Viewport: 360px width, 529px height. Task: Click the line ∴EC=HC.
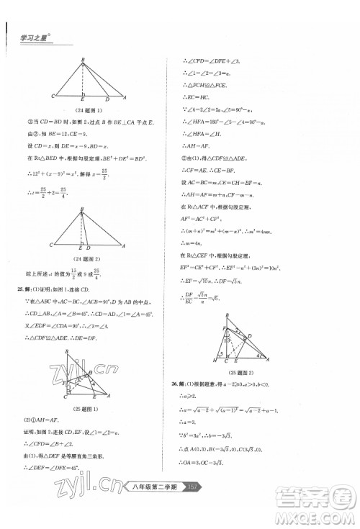click(196, 97)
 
